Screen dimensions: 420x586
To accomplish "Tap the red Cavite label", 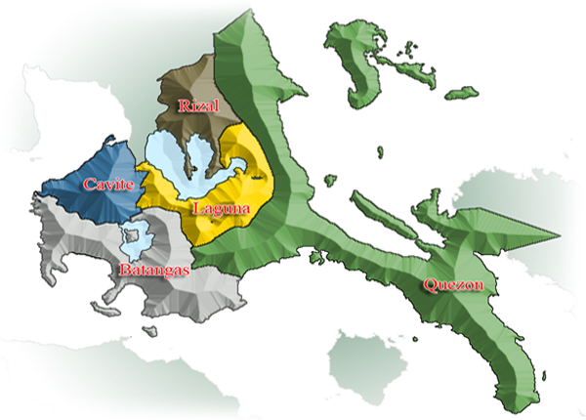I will pyautogui.click(x=107, y=184).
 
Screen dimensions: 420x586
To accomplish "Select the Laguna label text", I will pyautogui.click(x=219, y=208).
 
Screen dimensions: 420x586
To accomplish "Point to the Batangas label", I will pyautogui.click(x=153, y=268).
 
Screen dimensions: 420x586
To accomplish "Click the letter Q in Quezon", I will pyautogui.click(x=429, y=285).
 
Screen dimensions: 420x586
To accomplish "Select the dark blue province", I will pyautogui.click(x=93, y=195).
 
